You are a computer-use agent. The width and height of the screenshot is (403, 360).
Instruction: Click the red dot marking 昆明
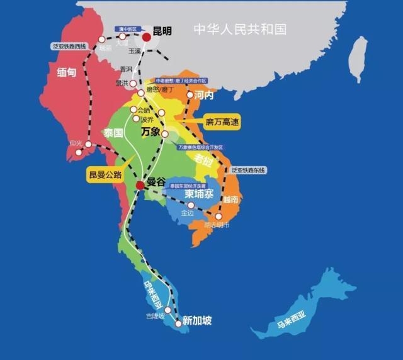coord(147,38)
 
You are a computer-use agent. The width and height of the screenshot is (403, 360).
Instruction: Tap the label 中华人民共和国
coord(240,29)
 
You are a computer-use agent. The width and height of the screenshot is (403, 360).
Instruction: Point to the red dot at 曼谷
coord(140,184)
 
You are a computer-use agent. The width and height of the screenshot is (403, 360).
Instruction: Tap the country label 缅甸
coord(66,72)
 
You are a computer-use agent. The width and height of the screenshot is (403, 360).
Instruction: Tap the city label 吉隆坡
coord(156,316)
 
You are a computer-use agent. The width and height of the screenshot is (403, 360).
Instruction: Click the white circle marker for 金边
coord(191,205)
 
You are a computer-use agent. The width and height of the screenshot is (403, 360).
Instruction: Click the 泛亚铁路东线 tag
coord(249,170)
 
